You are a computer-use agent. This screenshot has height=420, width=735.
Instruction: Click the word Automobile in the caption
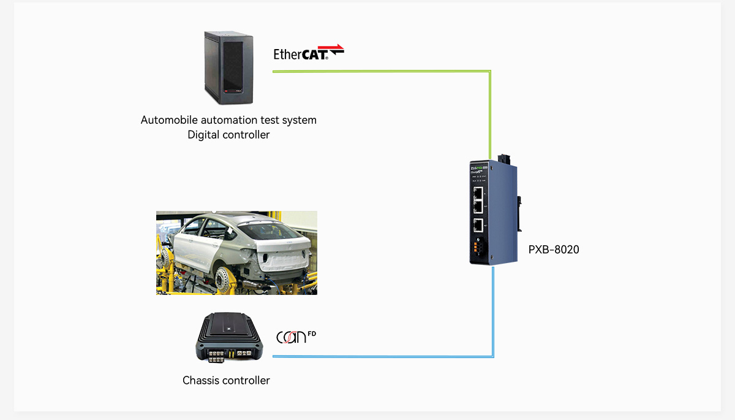pos(167,120)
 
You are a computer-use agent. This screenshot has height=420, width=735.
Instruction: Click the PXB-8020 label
pos(554,250)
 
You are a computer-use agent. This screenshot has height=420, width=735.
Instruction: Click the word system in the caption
pos(300,120)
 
